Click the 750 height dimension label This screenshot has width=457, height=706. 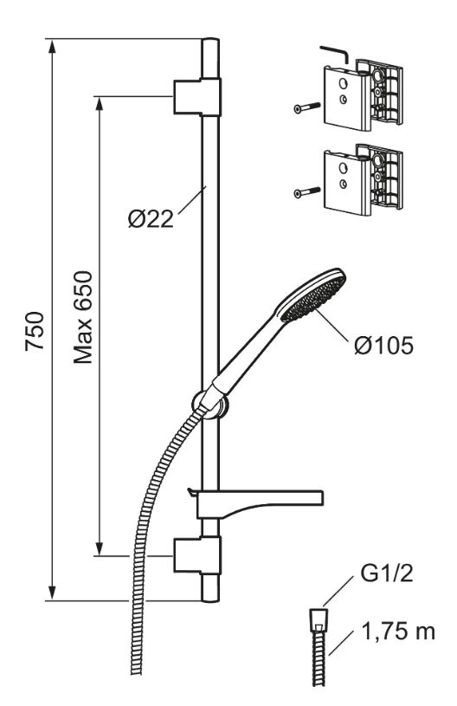(35, 331)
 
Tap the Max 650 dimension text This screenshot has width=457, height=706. (83, 317)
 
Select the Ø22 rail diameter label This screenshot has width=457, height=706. (151, 220)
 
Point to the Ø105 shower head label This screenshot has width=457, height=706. (383, 346)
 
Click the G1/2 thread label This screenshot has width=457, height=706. (386, 574)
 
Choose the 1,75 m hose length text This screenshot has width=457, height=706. (398, 632)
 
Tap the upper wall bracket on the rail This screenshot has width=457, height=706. (197, 96)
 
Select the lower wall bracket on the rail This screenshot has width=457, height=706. (197, 555)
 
